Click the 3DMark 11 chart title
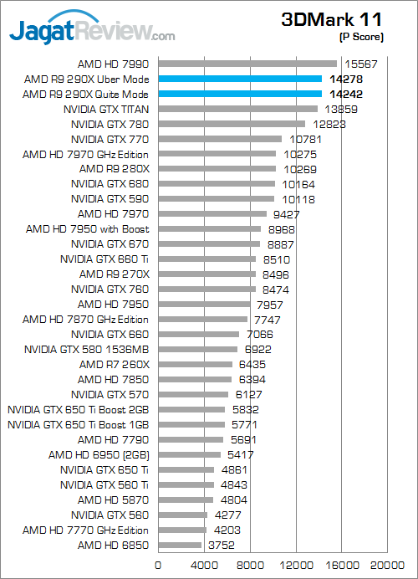click(331, 19)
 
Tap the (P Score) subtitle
click(361, 37)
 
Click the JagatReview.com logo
click(92, 28)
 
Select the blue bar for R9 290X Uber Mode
click(240, 79)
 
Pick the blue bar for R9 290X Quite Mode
click(240, 94)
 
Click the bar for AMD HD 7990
click(247, 64)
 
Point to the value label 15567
click(361, 64)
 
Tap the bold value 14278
click(346, 79)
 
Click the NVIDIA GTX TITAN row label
click(106, 110)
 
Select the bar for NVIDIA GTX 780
click(232, 124)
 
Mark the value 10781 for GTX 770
click(305, 140)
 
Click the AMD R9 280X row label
click(115, 169)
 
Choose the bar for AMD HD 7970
click(212, 214)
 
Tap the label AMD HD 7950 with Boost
click(88, 229)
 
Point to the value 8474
click(276, 289)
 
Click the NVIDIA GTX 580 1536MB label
click(87, 349)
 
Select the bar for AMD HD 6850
click(180, 545)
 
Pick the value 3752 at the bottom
click(222, 546)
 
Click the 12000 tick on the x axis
click(296, 566)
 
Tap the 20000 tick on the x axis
click(387, 566)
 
